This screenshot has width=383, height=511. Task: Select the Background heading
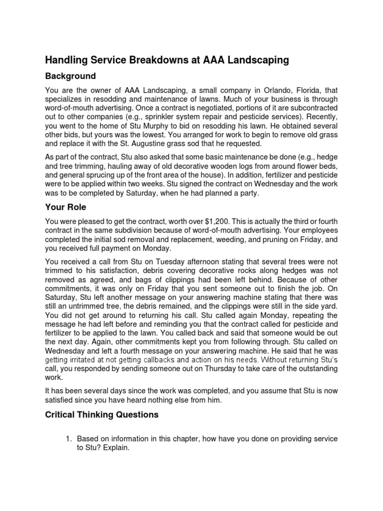(x=70, y=77)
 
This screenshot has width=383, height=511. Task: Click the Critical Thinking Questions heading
(x=102, y=414)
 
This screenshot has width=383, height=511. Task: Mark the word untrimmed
(x=86, y=305)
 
